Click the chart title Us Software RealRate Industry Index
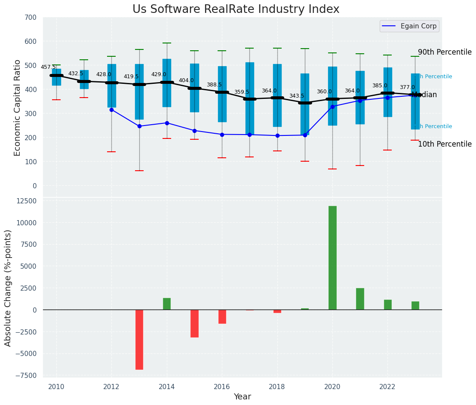coord(236,9)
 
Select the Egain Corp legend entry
coord(409,26)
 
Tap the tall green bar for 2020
coord(332,258)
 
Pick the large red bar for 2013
coord(139,339)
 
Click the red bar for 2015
coord(194,323)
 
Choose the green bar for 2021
coord(360,299)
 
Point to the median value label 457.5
coord(48,67)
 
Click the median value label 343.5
coord(296,96)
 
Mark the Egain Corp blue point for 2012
coord(111,110)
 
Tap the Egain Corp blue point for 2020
coord(332,107)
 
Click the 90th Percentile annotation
coord(445,52)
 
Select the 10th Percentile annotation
coord(445,144)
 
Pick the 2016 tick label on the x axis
coord(222,387)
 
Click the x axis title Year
coord(242,397)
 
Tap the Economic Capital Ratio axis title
coord(17,107)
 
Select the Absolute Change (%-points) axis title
coord(8,288)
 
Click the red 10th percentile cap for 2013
coord(139,171)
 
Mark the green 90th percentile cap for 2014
coord(167,43)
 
